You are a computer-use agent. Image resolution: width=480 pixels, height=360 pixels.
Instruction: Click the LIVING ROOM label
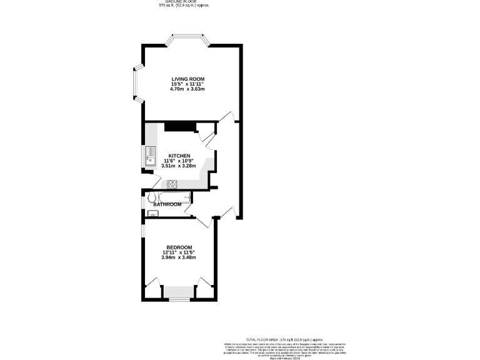click(x=188, y=78)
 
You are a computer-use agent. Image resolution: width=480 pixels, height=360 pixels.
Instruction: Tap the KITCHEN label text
click(x=179, y=155)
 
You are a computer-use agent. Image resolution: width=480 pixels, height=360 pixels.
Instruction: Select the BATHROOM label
click(x=167, y=204)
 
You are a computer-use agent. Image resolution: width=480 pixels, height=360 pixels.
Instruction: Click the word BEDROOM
click(x=179, y=247)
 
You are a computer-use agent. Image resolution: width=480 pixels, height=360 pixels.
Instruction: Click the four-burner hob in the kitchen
click(x=172, y=184)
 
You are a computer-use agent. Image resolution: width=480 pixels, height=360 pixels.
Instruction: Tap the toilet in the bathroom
click(x=151, y=199)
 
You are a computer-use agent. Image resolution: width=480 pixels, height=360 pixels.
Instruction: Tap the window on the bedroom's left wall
click(x=143, y=230)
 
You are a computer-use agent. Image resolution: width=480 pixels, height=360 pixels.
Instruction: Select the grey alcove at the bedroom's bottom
click(x=179, y=292)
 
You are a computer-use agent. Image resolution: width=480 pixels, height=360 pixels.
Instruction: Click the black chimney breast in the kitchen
click(x=180, y=127)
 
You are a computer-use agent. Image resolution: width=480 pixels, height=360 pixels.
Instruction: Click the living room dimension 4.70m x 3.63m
click(x=188, y=89)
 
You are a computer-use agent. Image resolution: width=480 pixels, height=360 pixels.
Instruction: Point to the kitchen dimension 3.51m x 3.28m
click(x=179, y=166)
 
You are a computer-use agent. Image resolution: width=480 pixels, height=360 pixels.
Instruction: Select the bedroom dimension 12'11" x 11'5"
click(x=179, y=252)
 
